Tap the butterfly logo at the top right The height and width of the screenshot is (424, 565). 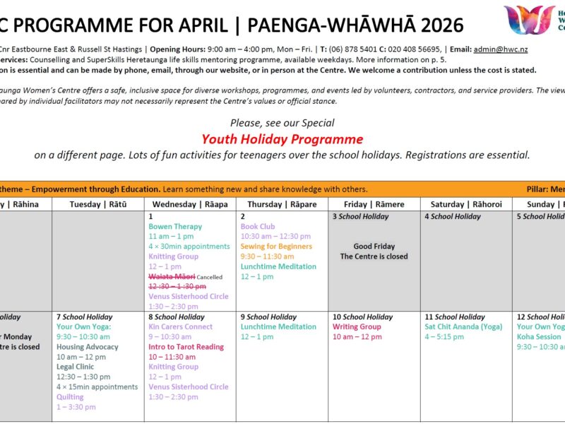coord(529,20)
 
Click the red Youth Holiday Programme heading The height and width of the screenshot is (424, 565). coord(282,139)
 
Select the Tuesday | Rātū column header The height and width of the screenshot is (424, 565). coord(98,204)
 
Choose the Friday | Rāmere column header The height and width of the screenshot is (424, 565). coord(374,204)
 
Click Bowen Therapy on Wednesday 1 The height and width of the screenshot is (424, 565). coord(175,227)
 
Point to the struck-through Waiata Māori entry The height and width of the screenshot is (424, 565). coord(171,276)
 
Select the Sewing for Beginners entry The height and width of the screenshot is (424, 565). coord(276,247)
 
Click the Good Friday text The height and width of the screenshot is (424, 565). coord(374,247)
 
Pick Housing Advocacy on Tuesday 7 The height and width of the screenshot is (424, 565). coord(88,347)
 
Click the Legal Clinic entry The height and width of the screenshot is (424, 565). coord(75,367)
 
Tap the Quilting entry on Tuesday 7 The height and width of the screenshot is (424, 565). coord(71,396)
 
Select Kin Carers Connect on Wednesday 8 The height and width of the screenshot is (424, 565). coord(180,327)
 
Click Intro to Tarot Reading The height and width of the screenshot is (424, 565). coord(186,347)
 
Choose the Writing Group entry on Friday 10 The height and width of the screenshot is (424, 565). coord(357,327)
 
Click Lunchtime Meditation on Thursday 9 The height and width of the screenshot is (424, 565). coord(278,327)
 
